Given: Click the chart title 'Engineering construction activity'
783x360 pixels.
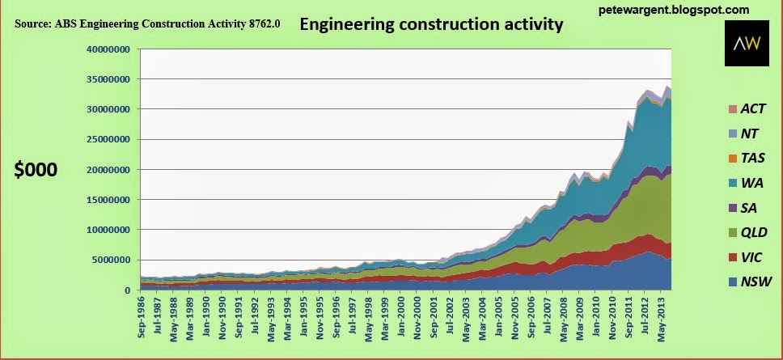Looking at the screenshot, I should click(x=431, y=25).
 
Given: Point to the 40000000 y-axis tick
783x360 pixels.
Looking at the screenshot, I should click(x=108, y=49).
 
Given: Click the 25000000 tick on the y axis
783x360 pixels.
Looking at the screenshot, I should click(x=108, y=139).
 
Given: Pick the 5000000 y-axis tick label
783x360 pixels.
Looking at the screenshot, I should click(x=111, y=260).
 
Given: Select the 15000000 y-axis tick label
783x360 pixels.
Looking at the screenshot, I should click(x=108, y=200).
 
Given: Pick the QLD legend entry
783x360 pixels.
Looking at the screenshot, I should click(x=749, y=233).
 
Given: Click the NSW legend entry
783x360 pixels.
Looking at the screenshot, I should click(x=749, y=282).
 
